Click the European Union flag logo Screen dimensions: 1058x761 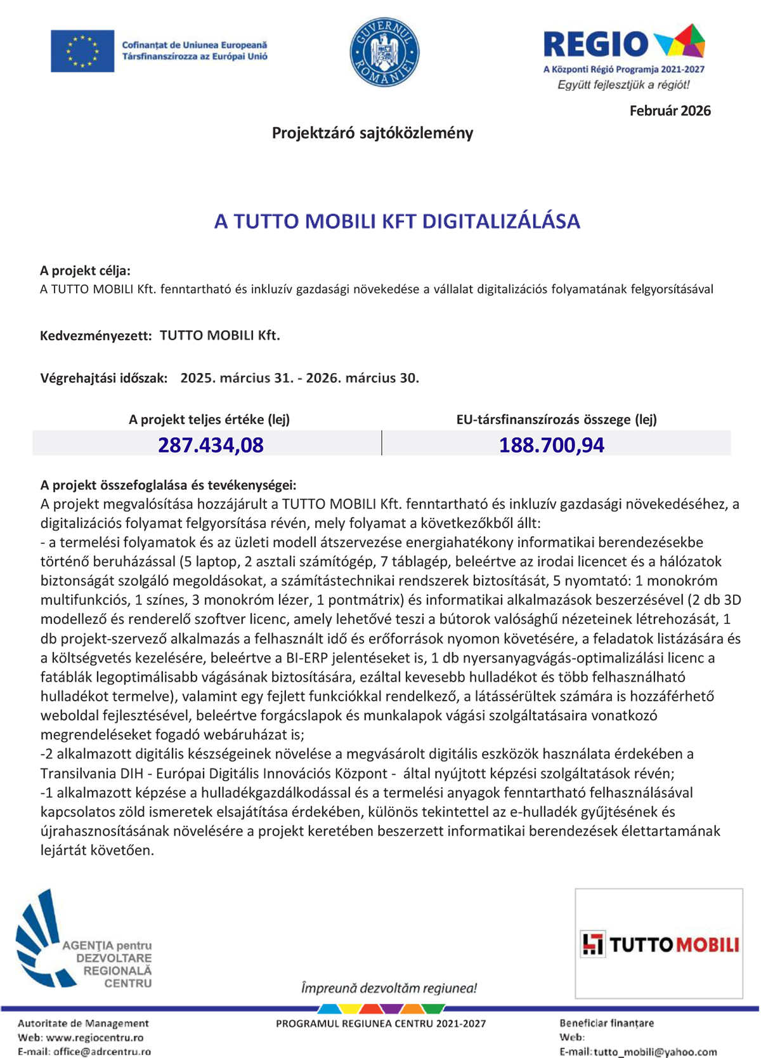[x=82, y=51]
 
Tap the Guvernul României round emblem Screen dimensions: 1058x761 [x=384, y=52]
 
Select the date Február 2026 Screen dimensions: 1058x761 [x=670, y=111]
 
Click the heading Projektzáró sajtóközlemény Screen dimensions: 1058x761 [x=372, y=133]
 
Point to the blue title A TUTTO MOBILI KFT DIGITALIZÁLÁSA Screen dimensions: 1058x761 [x=397, y=222]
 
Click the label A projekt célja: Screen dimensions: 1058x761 [x=85, y=271]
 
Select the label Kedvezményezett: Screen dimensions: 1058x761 [x=96, y=336]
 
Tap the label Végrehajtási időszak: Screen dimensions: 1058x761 [x=104, y=379]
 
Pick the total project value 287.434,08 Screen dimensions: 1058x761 [x=211, y=445]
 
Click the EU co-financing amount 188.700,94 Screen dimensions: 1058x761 [x=551, y=445]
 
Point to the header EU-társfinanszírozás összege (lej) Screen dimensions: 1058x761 [x=556, y=420]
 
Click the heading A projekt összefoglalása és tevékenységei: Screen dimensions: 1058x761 [x=168, y=486]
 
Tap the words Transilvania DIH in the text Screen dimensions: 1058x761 [x=88, y=774]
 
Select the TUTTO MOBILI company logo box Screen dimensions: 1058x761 [x=659, y=944]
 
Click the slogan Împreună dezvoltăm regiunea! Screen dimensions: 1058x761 [x=389, y=988]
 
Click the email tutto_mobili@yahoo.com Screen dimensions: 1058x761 [x=655, y=1052]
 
